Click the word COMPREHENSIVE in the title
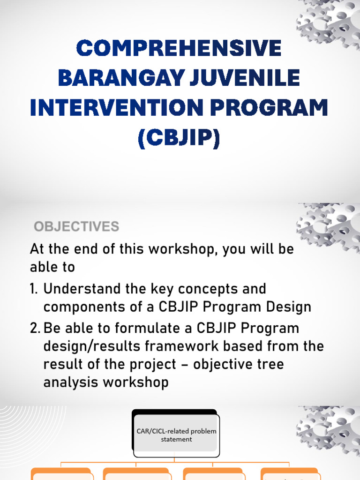(x=179, y=49)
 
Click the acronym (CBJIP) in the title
(x=179, y=139)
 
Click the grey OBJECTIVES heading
(x=76, y=227)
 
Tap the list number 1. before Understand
(x=35, y=288)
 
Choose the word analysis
(x=70, y=382)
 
